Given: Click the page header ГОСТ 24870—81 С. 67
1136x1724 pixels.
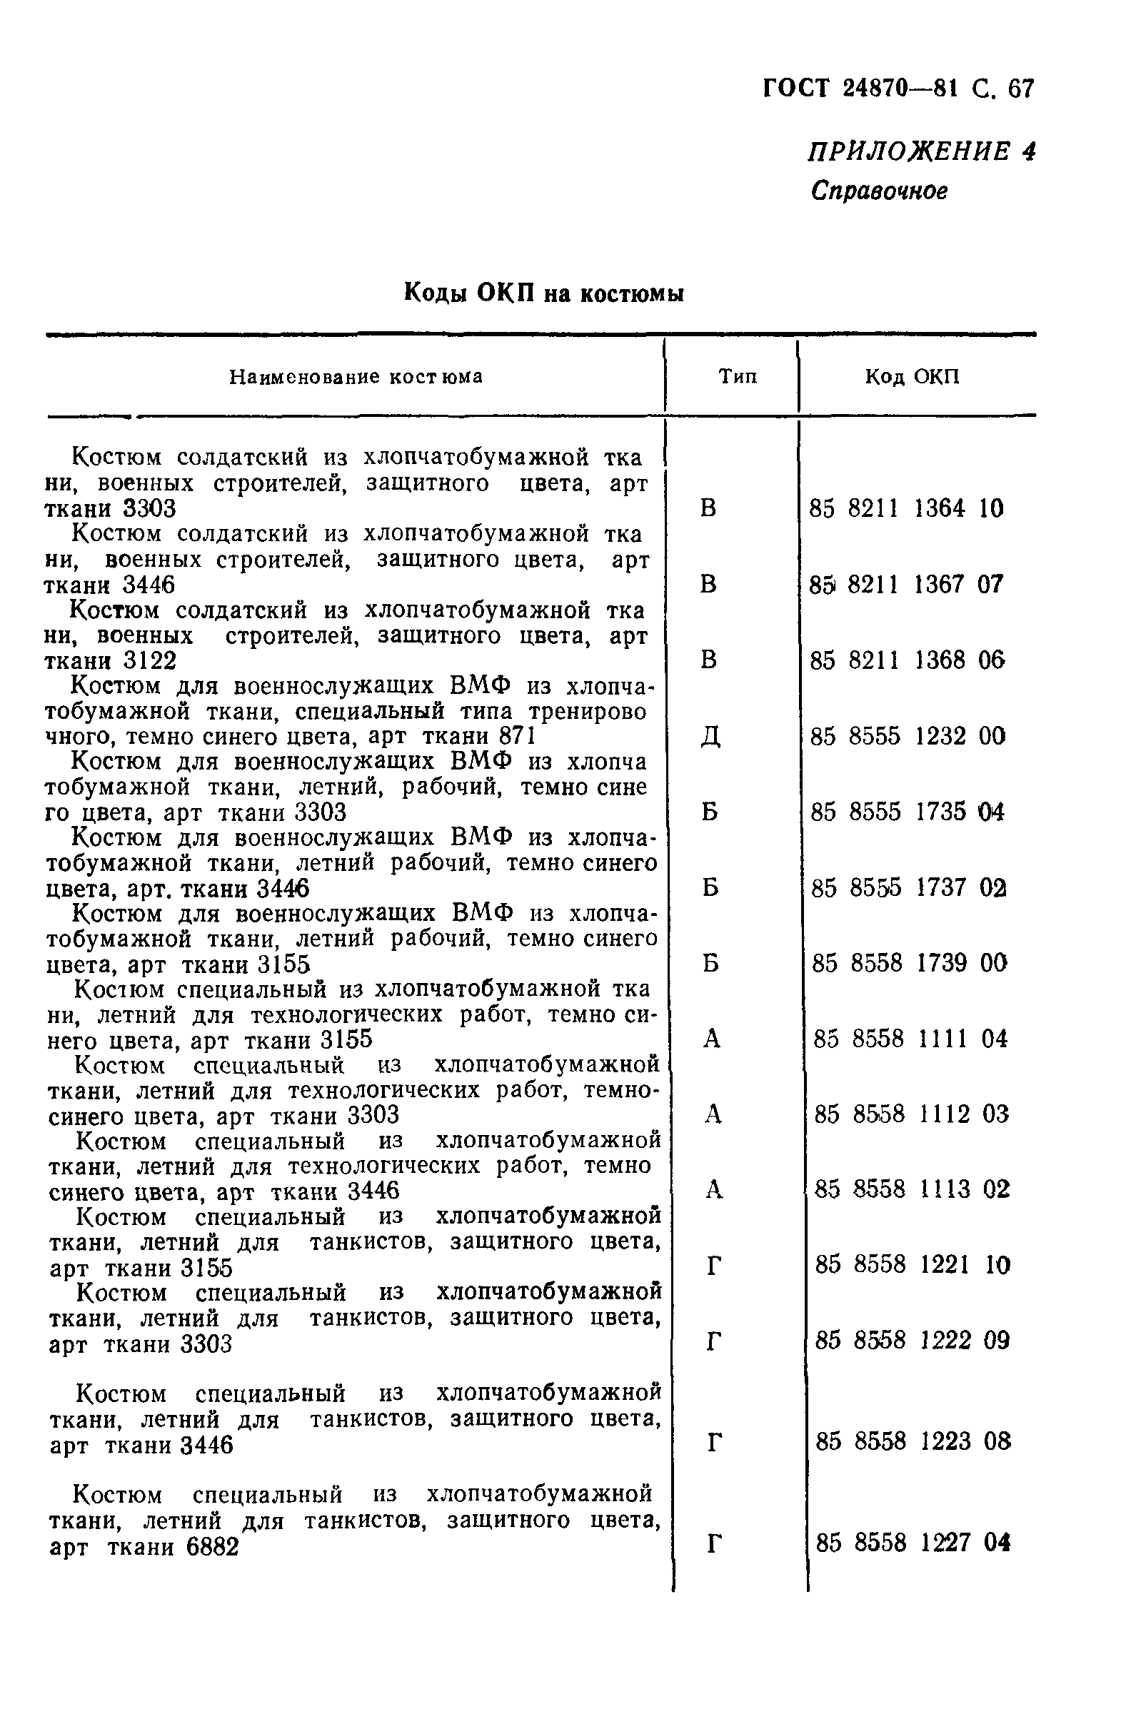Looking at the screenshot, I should tap(898, 89).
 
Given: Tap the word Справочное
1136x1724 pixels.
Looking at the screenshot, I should tap(879, 191).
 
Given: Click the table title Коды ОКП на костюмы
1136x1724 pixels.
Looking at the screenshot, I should tap(543, 293).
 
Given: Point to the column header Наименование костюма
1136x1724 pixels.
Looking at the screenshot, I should tap(356, 377).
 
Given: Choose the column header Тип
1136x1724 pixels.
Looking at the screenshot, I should tap(738, 377).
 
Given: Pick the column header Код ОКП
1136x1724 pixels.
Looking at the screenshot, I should tap(912, 377).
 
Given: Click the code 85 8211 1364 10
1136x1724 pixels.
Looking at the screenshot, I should tap(906, 508).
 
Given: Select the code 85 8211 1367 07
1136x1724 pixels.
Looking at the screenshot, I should tap(906, 584).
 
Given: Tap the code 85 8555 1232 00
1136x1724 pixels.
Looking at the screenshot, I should tap(908, 737).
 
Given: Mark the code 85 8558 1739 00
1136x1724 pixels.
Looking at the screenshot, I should tap(909, 964).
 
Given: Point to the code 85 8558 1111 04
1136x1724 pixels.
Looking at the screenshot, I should tap(910, 1039).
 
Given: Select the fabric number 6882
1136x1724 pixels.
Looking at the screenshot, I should tap(212, 1548).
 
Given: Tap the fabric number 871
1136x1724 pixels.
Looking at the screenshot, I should tap(517, 737).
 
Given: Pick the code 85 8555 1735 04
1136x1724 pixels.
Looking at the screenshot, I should tap(908, 812).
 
